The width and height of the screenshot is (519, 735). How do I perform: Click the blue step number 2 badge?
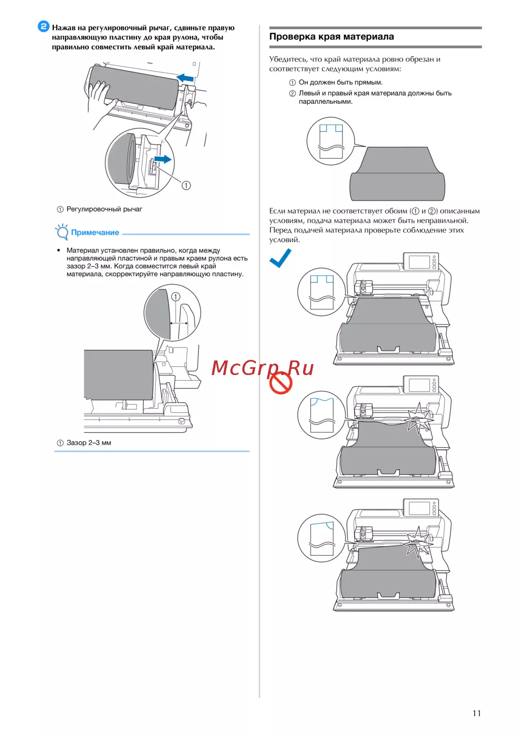(43, 26)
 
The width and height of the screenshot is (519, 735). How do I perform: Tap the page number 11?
(476, 713)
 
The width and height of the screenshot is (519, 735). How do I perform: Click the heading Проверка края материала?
(332, 36)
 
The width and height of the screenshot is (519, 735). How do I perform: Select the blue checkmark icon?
(280, 258)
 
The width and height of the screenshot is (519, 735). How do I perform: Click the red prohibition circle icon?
(281, 383)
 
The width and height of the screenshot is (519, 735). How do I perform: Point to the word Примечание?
(95, 232)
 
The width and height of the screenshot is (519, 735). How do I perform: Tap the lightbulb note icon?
(62, 232)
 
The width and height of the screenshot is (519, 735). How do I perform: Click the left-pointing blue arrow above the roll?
(185, 78)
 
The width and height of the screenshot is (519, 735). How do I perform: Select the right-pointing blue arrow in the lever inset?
(163, 159)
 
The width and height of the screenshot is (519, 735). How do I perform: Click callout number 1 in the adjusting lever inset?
(186, 185)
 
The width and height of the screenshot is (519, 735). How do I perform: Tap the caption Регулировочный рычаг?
(104, 209)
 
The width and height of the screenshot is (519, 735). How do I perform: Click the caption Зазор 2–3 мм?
(89, 443)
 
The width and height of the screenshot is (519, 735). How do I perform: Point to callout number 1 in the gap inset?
(176, 297)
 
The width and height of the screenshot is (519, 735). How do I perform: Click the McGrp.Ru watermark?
(263, 368)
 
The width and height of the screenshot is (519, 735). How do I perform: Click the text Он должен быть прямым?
(340, 83)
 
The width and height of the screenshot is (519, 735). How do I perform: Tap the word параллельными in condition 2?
(325, 102)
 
